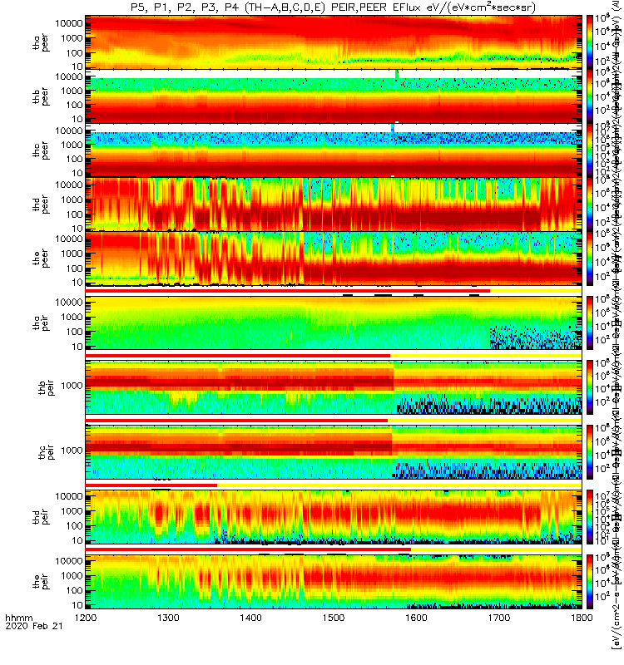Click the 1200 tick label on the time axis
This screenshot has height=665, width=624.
86,642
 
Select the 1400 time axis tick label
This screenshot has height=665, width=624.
251,642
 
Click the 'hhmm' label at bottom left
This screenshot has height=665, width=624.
17,642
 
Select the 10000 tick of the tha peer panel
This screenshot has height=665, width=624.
66,22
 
